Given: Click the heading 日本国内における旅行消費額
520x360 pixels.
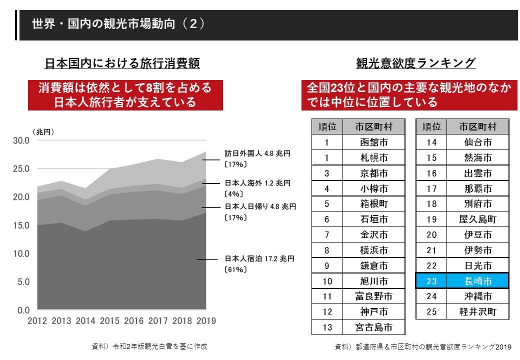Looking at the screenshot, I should tap(122, 63).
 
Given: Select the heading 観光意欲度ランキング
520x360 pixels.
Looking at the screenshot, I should tap(415, 63).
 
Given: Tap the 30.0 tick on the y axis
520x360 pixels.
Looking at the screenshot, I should tap(21, 140).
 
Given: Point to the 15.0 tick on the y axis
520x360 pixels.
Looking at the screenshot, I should tap(21, 225).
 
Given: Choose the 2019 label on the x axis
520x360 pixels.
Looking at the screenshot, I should tap(206, 321).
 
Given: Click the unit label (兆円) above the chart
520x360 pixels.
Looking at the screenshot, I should tap(43, 132).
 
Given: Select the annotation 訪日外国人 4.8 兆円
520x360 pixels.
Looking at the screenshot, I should tap(257, 154).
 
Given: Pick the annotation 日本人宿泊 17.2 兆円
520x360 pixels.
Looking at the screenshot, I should tap(259, 259).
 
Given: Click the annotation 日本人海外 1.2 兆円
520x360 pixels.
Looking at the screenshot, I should tap(257, 183).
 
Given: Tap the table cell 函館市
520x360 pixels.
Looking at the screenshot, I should tap(374, 142).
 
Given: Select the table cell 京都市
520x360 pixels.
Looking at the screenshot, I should tap(374, 173).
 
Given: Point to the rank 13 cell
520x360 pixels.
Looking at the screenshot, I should tap(327, 327).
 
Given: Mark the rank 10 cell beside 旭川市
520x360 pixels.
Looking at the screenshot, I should tap(327, 281).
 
